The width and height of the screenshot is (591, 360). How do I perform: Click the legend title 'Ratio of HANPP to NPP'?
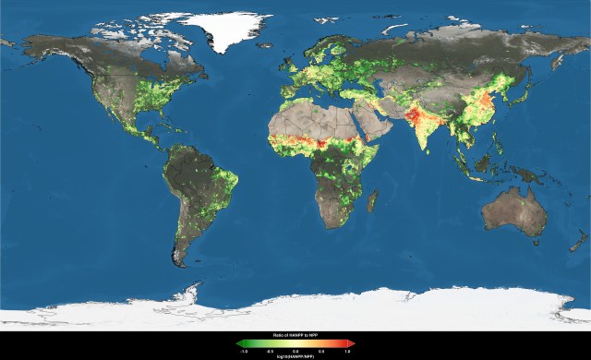(x=295, y=335)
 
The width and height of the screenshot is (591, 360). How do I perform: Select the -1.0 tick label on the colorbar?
(x=243, y=351)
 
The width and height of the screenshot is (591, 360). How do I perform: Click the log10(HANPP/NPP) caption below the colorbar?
(x=295, y=356)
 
